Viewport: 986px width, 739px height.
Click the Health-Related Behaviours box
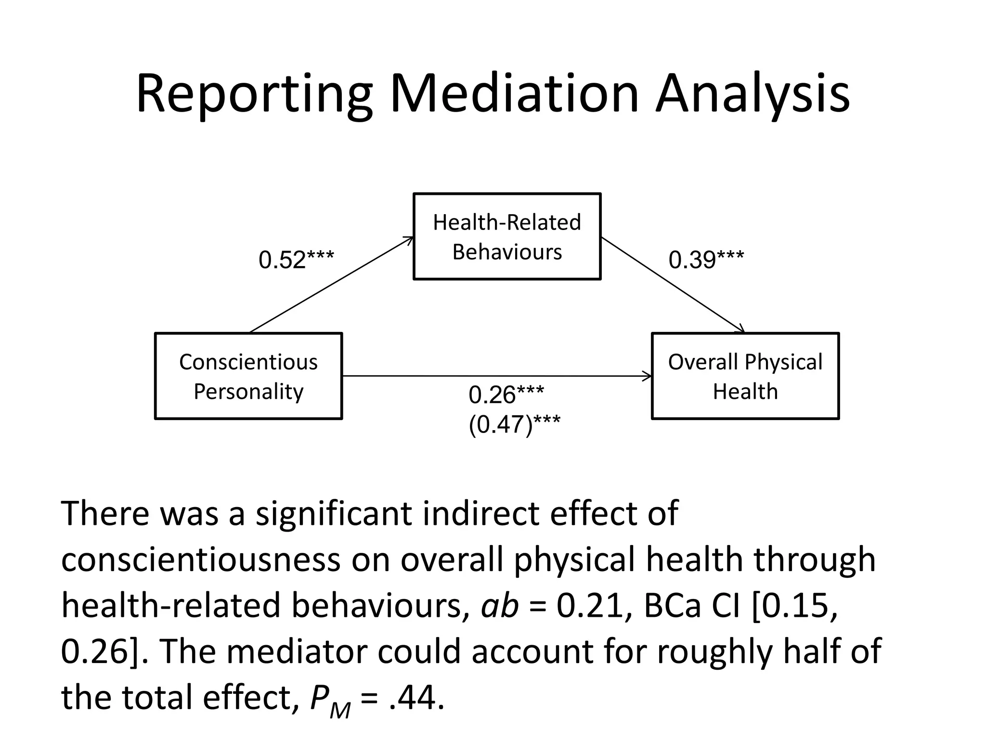[507, 236]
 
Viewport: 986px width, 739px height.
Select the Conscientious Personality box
[248, 376]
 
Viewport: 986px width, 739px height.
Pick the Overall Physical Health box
[745, 376]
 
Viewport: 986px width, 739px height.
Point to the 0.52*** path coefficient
[296, 260]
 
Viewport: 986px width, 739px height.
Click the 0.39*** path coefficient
[706, 260]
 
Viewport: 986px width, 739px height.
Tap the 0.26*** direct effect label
[506, 395]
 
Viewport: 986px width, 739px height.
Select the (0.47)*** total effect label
[514, 424]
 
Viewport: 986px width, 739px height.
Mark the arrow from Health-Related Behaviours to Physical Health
[673, 285]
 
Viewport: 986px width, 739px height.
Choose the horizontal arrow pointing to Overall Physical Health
[496, 376]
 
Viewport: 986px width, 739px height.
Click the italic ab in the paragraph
[499, 605]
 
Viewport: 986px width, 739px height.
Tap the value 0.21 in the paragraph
[590, 605]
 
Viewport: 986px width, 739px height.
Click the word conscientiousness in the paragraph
[201, 560]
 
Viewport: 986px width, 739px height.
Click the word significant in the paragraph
[333, 514]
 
